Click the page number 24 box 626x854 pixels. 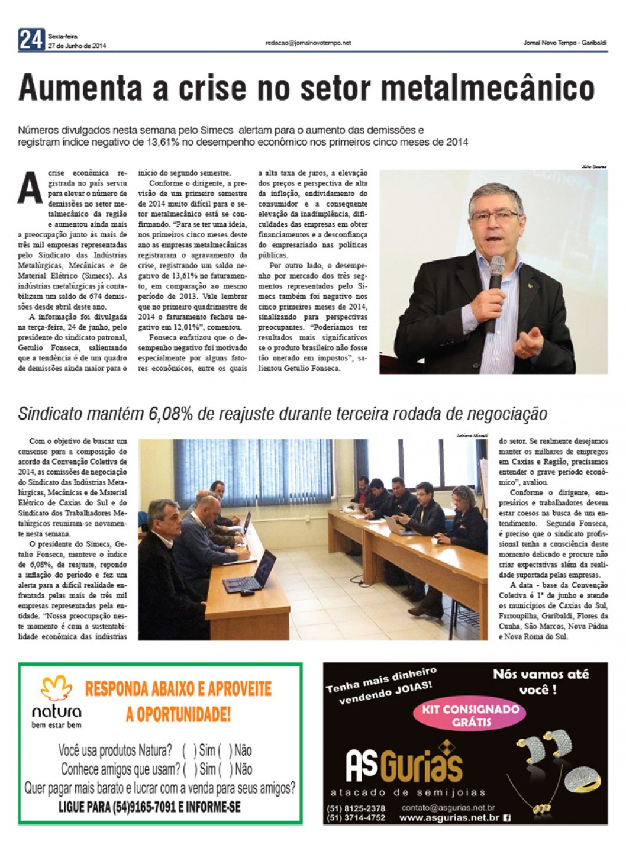point(31,40)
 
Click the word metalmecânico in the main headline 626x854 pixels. point(488,88)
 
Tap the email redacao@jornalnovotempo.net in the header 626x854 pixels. point(308,43)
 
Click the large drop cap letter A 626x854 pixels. point(31,188)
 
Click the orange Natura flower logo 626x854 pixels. point(57,689)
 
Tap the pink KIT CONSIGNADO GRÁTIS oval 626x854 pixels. point(470,715)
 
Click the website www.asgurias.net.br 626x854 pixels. point(449,818)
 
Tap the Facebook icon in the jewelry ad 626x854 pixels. point(507,818)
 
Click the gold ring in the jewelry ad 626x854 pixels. point(582,781)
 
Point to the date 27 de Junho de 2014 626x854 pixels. point(77,46)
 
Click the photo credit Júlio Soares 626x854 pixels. point(594,167)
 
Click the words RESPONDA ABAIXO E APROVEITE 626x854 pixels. point(178,689)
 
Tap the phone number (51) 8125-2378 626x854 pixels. point(356,808)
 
